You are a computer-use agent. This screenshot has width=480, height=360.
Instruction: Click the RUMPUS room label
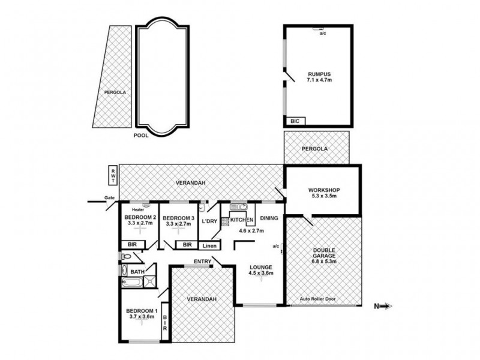pos(319,74)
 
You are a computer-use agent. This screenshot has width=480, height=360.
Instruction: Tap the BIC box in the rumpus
pos(295,121)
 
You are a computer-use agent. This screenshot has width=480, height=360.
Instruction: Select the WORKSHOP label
pos(324,190)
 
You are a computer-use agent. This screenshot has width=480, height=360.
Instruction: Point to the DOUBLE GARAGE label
pos(324,253)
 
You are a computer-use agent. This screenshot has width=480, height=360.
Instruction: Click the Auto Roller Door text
pos(318,299)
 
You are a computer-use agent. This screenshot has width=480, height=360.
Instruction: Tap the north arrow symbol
pos(383,306)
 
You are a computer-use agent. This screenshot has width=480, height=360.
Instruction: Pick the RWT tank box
pos(113,176)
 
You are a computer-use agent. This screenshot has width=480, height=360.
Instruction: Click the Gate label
pos(109,198)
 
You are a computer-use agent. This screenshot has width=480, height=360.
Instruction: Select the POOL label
pos(141,136)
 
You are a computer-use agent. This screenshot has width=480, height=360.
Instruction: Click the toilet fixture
pos(127,257)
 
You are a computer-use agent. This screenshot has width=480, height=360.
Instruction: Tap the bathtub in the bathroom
pos(132,282)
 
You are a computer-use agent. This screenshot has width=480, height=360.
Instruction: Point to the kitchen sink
pos(238,206)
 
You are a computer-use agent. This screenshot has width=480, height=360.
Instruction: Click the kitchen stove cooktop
pos(225,221)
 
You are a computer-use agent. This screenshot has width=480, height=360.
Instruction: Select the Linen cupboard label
pos(209,246)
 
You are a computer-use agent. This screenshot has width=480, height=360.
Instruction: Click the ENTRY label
pos(203,262)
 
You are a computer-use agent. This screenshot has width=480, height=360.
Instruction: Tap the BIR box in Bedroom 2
pos(133,245)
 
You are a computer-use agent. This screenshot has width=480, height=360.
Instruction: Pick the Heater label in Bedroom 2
pos(138,210)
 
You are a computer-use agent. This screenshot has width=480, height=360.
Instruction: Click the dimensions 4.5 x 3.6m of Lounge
pos(260,273)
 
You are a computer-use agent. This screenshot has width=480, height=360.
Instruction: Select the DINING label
pos(269,218)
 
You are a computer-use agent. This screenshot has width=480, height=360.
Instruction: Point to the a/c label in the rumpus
pos(323,33)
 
